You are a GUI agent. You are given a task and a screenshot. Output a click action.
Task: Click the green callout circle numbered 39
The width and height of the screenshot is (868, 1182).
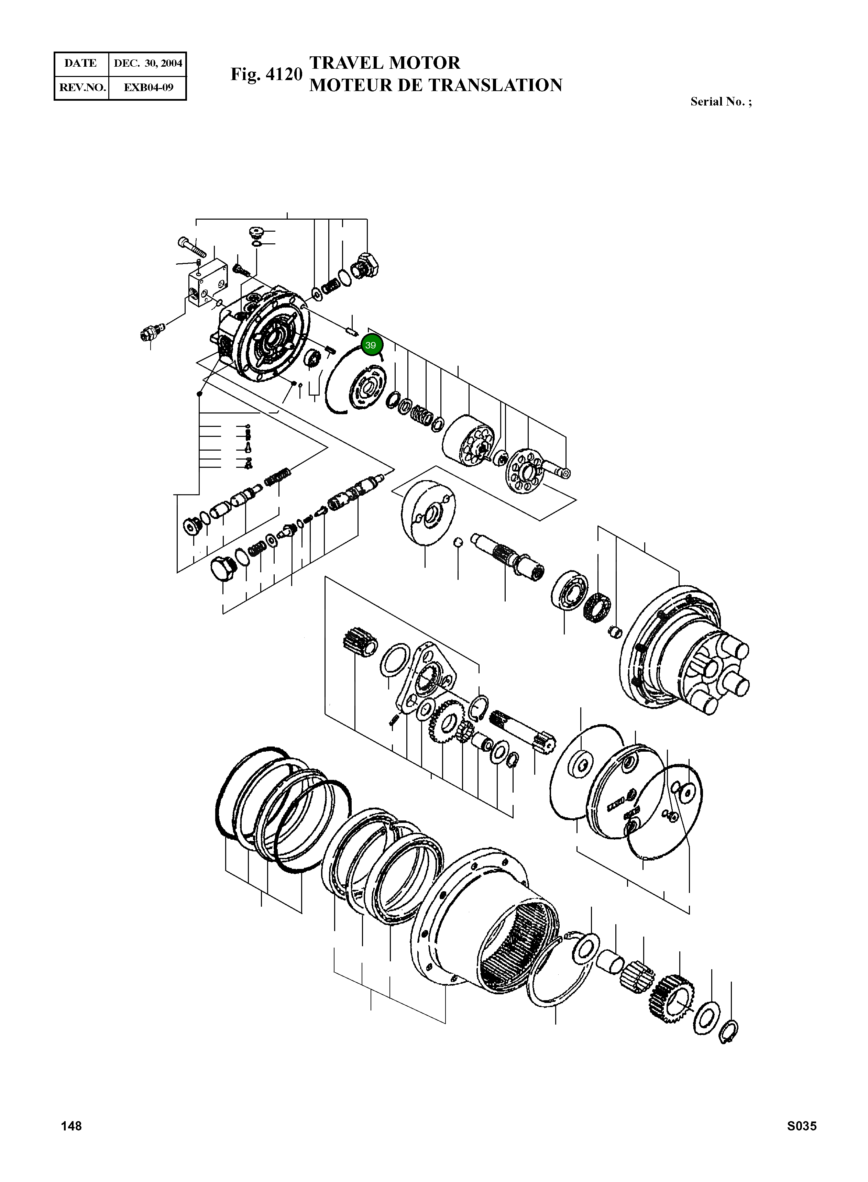pyautogui.click(x=371, y=345)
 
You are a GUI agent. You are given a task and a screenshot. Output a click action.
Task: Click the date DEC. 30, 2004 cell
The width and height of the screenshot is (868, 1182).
pyautogui.click(x=147, y=64)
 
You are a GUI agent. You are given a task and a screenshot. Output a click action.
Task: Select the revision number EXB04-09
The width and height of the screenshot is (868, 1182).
pyautogui.click(x=147, y=87)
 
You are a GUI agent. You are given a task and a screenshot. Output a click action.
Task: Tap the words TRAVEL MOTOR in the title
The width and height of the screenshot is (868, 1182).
pyautogui.click(x=385, y=63)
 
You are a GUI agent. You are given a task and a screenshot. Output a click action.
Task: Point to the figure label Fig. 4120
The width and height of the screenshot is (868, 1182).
pyautogui.click(x=266, y=74)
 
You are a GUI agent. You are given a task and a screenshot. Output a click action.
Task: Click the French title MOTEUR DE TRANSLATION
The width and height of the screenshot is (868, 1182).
pyautogui.click(x=436, y=85)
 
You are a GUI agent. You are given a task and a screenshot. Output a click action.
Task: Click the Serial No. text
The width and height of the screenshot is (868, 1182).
pyautogui.click(x=721, y=102)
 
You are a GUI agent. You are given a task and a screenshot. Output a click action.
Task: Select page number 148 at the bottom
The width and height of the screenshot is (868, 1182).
pyautogui.click(x=72, y=1126)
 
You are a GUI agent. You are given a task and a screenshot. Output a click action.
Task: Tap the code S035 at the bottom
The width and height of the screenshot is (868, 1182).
pyautogui.click(x=801, y=1126)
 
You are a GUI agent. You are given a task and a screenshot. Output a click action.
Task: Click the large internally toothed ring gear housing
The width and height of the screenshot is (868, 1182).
pyautogui.click(x=486, y=925)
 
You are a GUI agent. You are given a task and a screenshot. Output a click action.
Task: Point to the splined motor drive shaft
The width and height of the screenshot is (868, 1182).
pyautogui.click(x=507, y=554)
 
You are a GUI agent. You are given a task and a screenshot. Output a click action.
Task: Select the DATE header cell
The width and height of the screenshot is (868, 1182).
pyautogui.click(x=81, y=64)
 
